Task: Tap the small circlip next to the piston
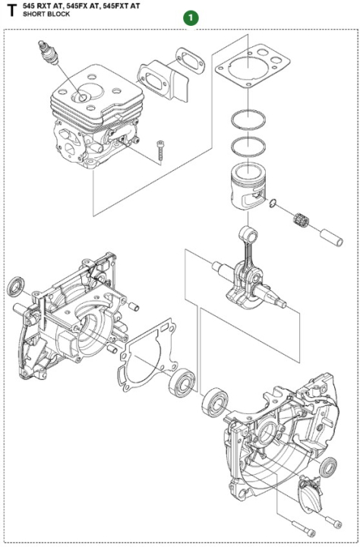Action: (273, 203)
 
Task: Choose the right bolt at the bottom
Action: (333, 521)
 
